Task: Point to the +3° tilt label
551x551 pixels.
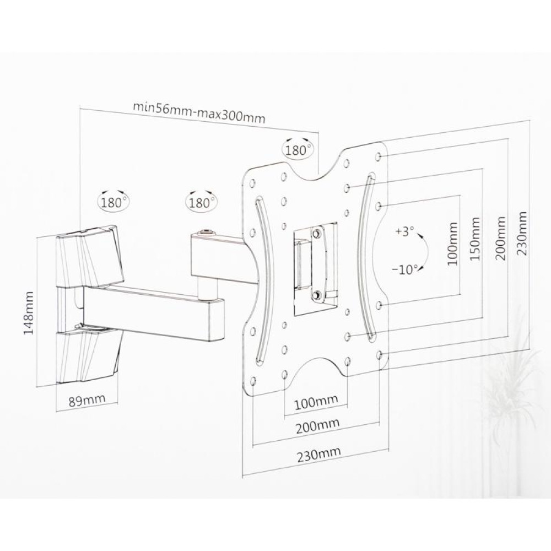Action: coord(404,233)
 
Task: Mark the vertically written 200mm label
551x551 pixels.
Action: coord(501,238)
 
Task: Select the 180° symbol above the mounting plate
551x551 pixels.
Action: coord(298,148)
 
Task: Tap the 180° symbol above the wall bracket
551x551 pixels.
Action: coord(114,201)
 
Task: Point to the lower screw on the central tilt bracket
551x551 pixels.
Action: coord(317,296)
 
